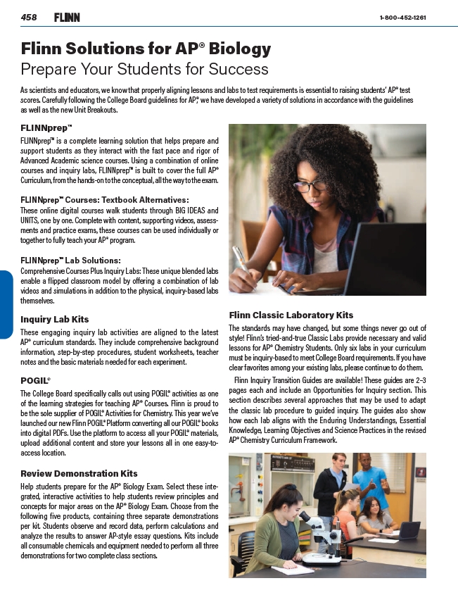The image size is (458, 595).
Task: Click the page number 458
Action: click(x=29, y=17)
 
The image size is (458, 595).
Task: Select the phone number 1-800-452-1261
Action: click(x=402, y=18)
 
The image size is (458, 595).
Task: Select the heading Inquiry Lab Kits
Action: click(x=54, y=319)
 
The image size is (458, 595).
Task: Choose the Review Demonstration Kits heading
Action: click(x=79, y=473)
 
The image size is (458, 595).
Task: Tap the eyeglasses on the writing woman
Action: click(x=310, y=187)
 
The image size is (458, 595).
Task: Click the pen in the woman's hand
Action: click(x=241, y=261)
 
